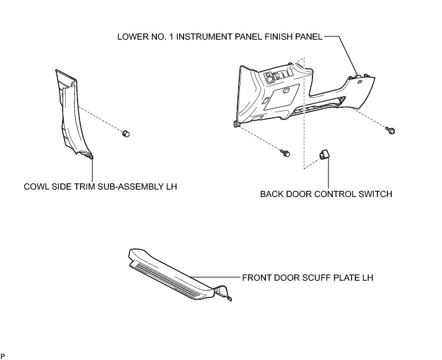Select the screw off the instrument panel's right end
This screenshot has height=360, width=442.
point(391,130)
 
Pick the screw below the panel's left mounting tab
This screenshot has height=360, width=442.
point(285,151)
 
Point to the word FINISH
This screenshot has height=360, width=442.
point(272,37)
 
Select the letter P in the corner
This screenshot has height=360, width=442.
point(2,356)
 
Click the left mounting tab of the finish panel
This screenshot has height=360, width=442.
point(237,125)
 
